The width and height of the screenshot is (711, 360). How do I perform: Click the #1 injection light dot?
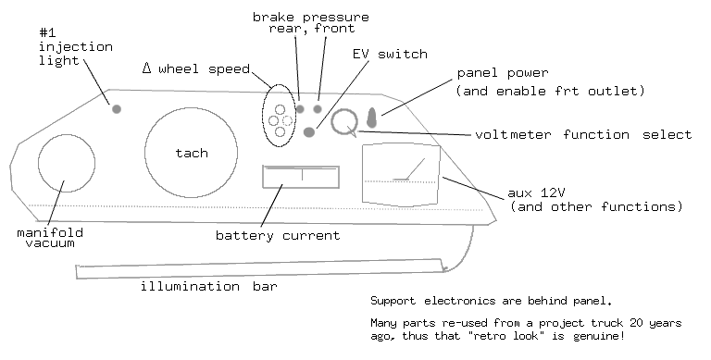[117, 109]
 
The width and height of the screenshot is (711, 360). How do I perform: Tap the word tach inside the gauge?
[192, 153]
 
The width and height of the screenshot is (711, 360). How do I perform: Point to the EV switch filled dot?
[309, 132]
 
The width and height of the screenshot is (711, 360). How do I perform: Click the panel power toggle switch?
[372, 118]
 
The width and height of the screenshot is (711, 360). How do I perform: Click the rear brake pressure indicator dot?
[300, 109]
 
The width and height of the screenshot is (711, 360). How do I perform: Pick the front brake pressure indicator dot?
[318, 109]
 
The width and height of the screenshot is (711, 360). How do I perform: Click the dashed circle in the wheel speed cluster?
[288, 120]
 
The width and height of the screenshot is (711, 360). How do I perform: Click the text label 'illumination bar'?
[208, 287]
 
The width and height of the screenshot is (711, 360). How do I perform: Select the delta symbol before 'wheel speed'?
[146, 68]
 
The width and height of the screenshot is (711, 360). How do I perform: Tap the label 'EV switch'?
[390, 55]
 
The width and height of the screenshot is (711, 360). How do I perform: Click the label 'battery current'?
[278, 236]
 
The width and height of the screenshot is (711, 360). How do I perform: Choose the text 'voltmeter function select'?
[583, 135]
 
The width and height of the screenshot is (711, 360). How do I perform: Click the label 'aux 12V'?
[536, 193]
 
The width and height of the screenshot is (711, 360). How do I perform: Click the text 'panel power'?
[503, 73]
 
